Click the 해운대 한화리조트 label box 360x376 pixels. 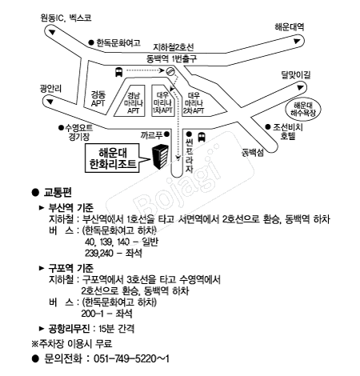pos(112,158)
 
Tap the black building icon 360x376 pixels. pos(160,157)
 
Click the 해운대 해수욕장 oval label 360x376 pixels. pos(303,109)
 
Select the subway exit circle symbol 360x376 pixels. pos(170,71)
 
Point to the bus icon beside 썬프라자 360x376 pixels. pos(202,137)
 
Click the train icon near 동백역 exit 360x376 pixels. pos(118,72)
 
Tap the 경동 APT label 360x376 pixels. pos(98,99)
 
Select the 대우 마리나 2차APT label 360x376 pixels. pos(194,103)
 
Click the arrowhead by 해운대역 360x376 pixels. pos(297,42)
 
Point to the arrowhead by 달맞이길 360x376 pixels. pos(300,87)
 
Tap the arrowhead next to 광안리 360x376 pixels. pos(50,102)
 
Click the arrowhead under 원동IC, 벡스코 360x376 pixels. pos(52,32)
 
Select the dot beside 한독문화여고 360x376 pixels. pos(91,42)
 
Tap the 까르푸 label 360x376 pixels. pos(151,135)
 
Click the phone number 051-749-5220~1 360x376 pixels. pos(131,358)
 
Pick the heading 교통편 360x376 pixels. pos(58,192)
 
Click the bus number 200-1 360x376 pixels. pos(92,314)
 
